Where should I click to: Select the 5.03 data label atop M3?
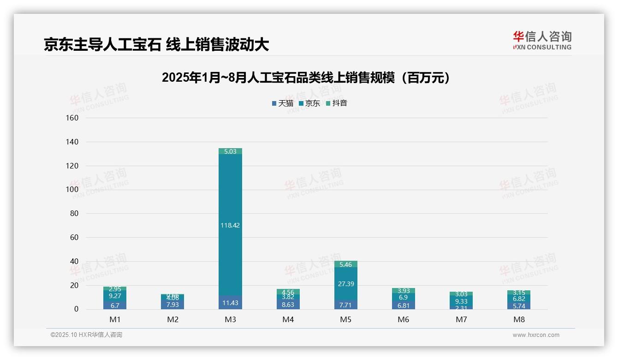(x=230, y=151)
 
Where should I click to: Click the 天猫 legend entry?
(x=283, y=103)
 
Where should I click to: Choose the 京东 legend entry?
(x=309, y=103)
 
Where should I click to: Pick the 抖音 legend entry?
(x=337, y=103)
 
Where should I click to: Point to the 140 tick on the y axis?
(x=72, y=142)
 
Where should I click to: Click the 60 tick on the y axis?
(x=74, y=237)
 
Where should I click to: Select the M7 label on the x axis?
(x=461, y=319)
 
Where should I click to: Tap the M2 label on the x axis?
(x=172, y=319)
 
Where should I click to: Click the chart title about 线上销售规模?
(x=306, y=78)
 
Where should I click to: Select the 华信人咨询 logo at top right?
(x=542, y=40)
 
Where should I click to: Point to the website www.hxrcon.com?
(x=536, y=335)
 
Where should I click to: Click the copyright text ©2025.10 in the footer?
(x=86, y=335)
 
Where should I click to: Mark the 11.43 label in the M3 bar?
(x=230, y=303)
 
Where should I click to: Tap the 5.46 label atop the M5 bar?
(x=345, y=264)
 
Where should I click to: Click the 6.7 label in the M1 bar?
(x=115, y=306)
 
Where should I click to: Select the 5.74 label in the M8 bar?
(x=519, y=306)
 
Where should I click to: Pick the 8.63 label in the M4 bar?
(x=288, y=305)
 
